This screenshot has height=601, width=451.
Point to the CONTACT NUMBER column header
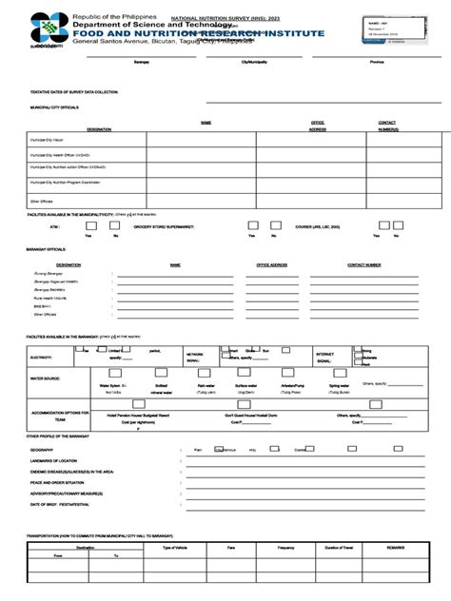tap(363, 264)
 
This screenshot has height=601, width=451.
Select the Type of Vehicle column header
tap(181, 549)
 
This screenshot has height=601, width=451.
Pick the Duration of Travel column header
tap(340, 549)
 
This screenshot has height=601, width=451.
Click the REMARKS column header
tap(398, 549)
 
